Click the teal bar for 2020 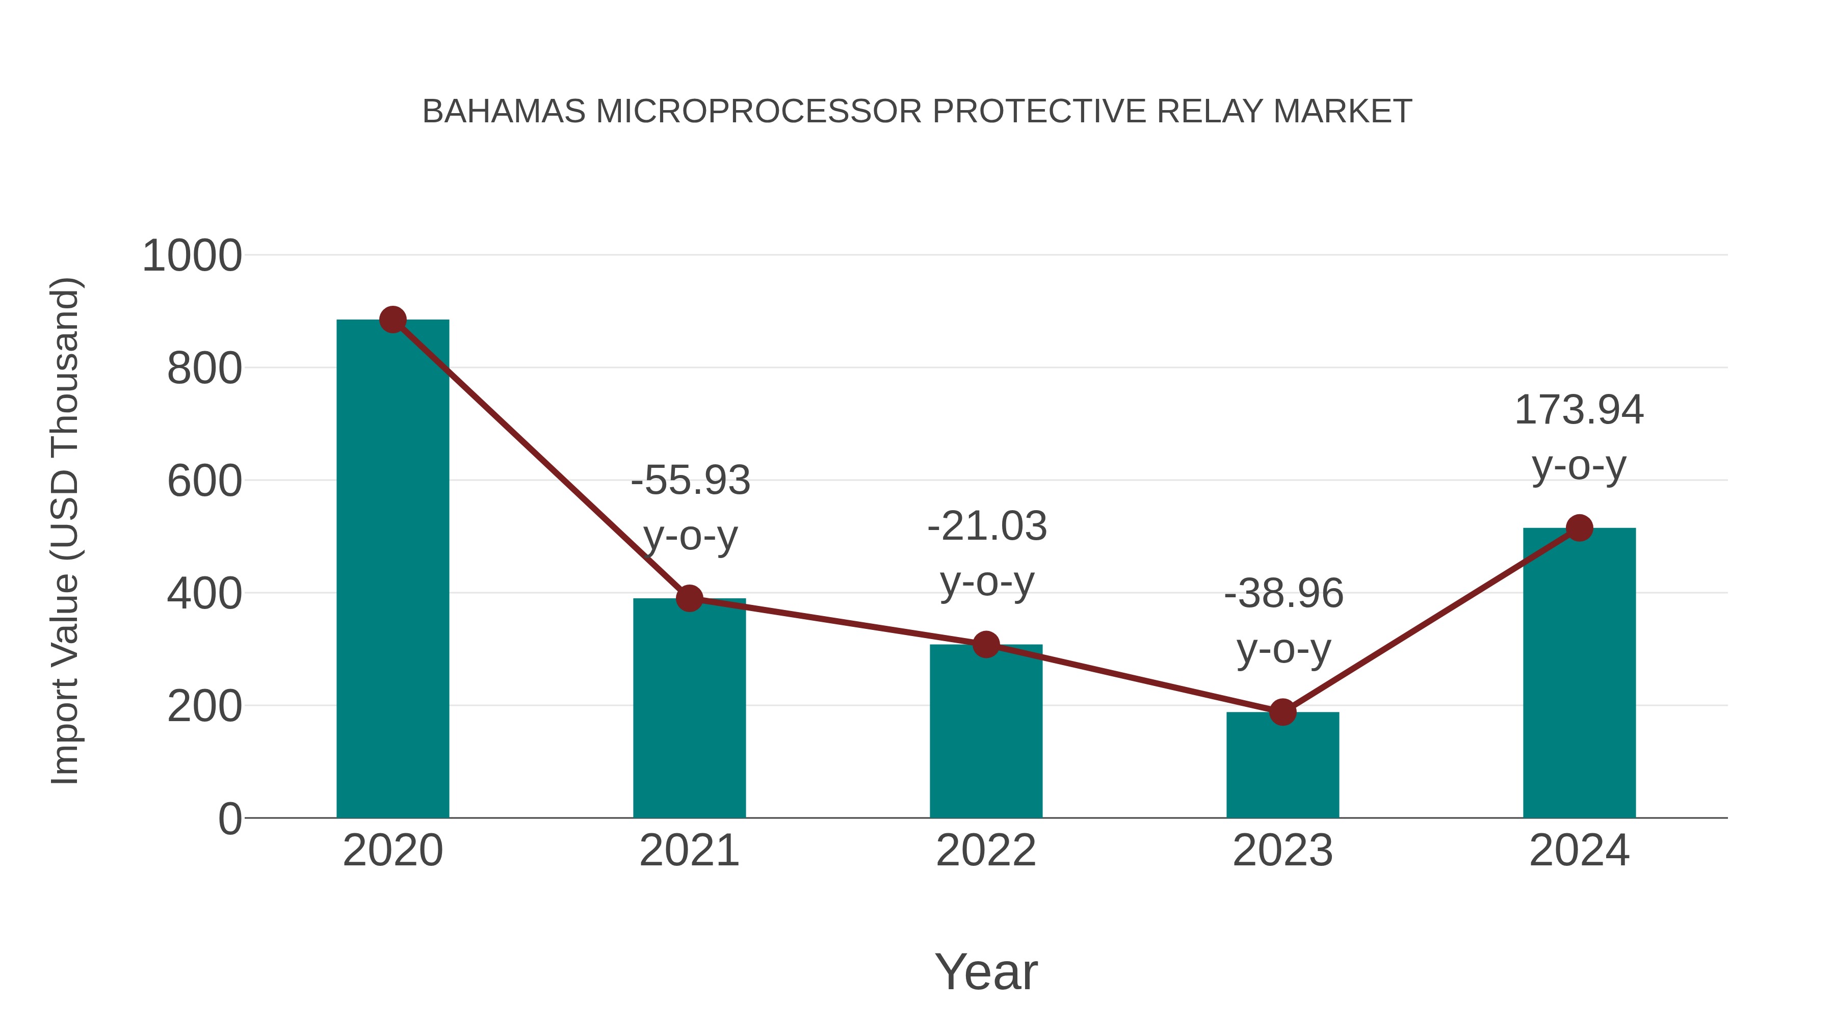pyautogui.click(x=392, y=570)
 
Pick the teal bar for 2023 pyautogui.click(x=1282, y=765)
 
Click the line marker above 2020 pyautogui.click(x=392, y=320)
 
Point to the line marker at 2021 pyautogui.click(x=689, y=598)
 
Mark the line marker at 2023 pyautogui.click(x=1282, y=711)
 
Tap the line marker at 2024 pyautogui.click(x=1579, y=528)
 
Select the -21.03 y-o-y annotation pyautogui.click(x=987, y=553)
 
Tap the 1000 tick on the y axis pyautogui.click(x=192, y=256)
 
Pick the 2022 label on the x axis pyautogui.click(x=986, y=851)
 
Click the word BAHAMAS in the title pyautogui.click(x=504, y=111)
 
